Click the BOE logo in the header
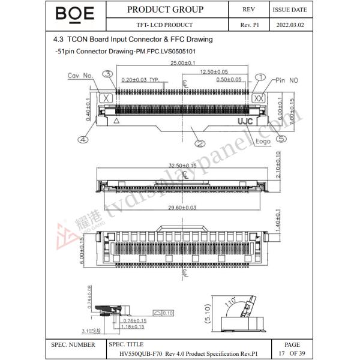(74, 14)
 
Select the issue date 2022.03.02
(290, 25)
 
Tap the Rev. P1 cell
(248, 25)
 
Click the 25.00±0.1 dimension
(182, 63)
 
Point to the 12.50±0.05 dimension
(214, 71)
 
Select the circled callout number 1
(260, 77)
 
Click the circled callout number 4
(83, 139)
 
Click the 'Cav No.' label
(80, 76)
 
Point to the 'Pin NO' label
(287, 80)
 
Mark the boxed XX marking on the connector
(259, 98)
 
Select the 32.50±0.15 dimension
(182, 165)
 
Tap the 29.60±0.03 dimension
(182, 208)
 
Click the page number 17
(281, 353)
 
